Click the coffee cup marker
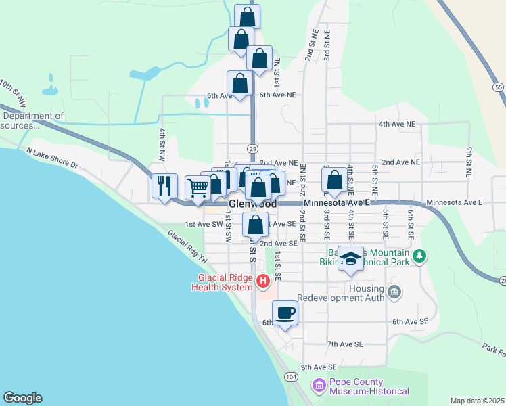tap(284, 313)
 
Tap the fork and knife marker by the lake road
tap(164, 185)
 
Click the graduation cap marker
tap(350, 258)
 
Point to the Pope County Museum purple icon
tap(319, 386)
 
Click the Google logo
tap(22, 398)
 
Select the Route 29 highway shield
tap(252, 148)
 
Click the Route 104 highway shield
tap(291, 376)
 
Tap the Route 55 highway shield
tap(498, 87)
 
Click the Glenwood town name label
tap(253, 204)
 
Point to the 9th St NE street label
tap(468, 158)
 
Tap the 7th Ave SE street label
tap(345, 344)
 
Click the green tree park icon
tap(420, 256)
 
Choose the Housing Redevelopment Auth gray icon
tap(395, 292)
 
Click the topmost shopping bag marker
tap(247, 17)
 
